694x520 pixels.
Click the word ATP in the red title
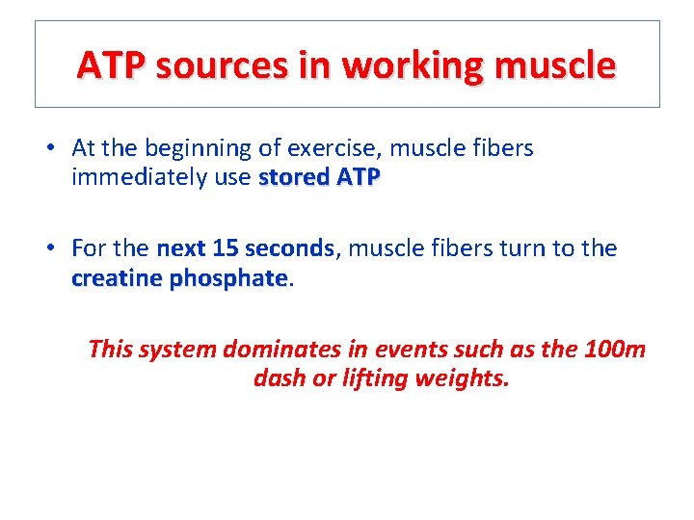(112, 65)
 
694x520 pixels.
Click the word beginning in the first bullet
(194, 148)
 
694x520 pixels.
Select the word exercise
(328, 148)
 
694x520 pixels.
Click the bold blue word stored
(294, 177)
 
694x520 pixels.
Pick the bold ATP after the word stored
(358, 177)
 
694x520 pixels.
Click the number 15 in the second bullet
(225, 248)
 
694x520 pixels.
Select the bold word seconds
(289, 248)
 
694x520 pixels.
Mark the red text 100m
(614, 349)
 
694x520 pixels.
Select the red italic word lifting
(375, 378)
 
